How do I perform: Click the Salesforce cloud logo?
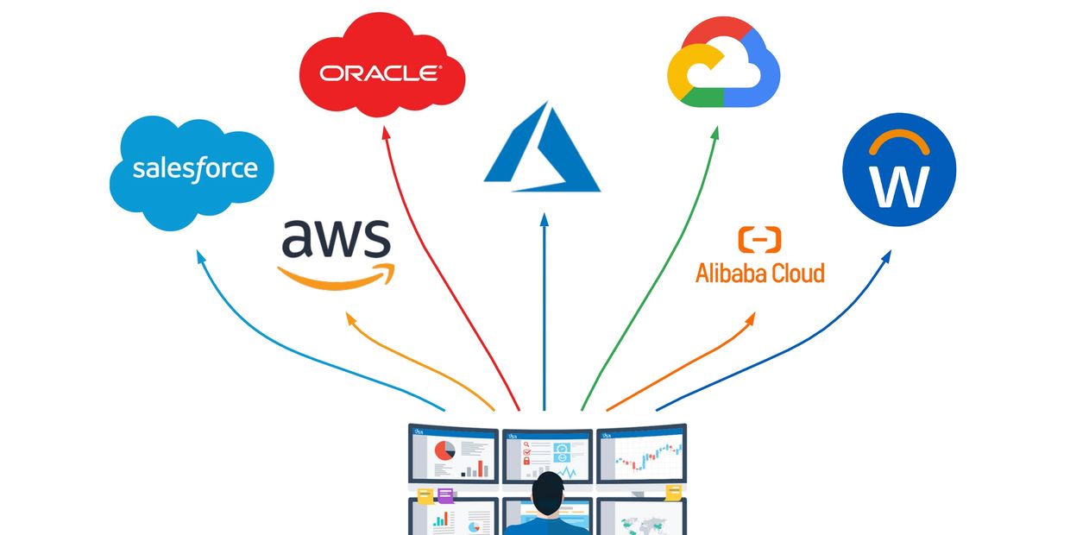(x=192, y=171)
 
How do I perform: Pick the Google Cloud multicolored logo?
(x=723, y=65)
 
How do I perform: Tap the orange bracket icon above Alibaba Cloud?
(x=759, y=239)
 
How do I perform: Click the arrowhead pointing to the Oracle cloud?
(x=384, y=131)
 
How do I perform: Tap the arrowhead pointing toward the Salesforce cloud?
(x=200, y=256)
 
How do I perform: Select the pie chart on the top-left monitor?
(x=444, y=450)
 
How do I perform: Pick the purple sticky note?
(x=445, y=495)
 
